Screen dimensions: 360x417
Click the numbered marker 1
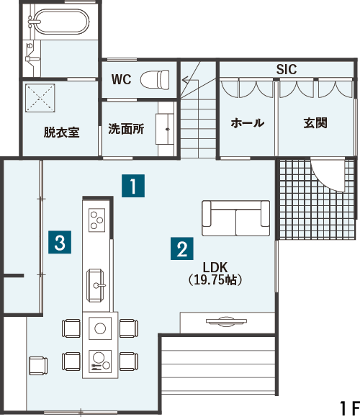[x=133, y=186]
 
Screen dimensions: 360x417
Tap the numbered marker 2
[x=182, y=248]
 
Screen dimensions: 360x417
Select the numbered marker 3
[x=60, y=242]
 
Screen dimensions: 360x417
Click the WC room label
[x=121, y=79]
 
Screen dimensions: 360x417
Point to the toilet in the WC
[x=155, y=79]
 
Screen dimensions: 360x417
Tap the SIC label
[x=287, y=69]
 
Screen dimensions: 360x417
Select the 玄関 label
[x=315, y=123]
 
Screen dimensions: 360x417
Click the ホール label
[x=247, y=123]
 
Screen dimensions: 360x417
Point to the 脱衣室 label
[x=62, y=133]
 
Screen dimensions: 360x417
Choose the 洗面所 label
[x=126, y=129]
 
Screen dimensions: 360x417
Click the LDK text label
[x=215, y=266]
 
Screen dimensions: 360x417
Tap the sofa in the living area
[x=236, y=218]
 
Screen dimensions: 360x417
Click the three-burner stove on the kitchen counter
[x=96, y=220]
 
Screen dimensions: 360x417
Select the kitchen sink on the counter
[x=95, y=285]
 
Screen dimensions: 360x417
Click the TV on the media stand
[x=226, y=320]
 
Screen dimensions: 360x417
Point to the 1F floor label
[x=349, y=408]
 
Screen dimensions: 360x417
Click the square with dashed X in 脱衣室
[x=40, y=98]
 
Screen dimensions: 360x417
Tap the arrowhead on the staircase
[x=185, y=79]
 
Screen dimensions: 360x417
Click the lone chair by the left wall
[x=38, y=366]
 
